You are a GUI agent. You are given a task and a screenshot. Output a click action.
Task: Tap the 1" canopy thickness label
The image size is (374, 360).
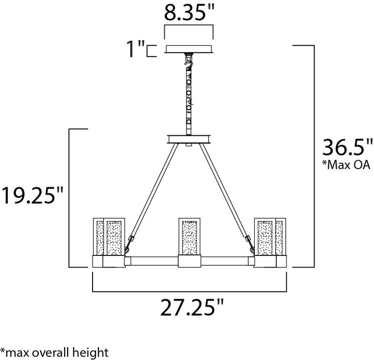pyautogui.click(x=136, y=49)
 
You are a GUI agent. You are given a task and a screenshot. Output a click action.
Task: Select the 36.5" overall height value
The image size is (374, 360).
pyautogui.click(x=347, y=148)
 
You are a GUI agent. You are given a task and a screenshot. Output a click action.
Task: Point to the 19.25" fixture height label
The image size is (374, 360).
pyautogui.click(x=32, y=195)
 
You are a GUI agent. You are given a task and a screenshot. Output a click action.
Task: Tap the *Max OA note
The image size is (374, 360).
pyautogui.click(x=346, y=164)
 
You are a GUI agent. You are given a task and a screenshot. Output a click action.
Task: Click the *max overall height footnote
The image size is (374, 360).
pyautogui.click(x=54, y=353)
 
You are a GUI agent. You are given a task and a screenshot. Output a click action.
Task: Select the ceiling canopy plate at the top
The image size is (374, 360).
pyautogui.click(x=189, y=49)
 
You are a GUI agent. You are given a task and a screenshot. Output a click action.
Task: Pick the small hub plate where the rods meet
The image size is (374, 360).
pyautogui.click(x=189, y=140)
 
